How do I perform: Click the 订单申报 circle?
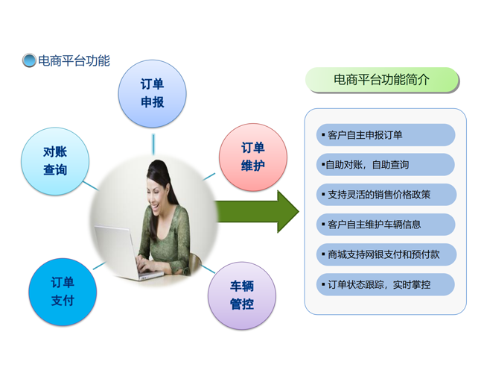152,94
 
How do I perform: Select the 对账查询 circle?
55,161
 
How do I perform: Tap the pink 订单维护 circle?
253,157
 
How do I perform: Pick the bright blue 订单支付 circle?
63,292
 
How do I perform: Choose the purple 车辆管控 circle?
242,295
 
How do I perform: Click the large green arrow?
257,212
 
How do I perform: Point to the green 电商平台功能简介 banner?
382,80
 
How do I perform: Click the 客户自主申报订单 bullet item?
386,135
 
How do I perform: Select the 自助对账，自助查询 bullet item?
386,165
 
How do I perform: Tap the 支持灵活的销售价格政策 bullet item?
386,195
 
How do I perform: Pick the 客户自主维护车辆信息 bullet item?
386,225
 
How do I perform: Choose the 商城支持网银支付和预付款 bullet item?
386,254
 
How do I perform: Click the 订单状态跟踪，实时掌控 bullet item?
386,284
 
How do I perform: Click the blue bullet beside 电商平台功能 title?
29,60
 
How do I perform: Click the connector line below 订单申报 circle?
153,144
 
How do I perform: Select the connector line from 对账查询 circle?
90,186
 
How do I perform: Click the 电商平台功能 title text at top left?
74,60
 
